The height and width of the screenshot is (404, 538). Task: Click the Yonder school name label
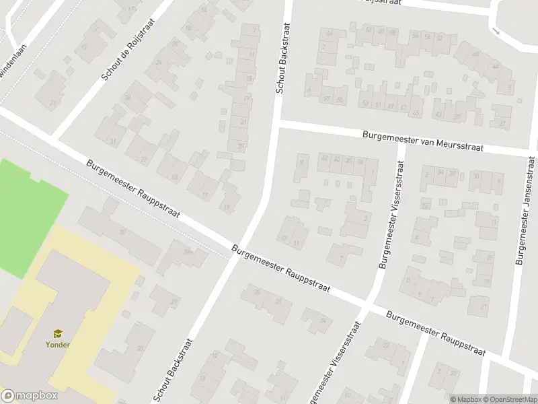pos(58,345)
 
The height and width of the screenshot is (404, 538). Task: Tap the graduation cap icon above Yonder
pos(58,333)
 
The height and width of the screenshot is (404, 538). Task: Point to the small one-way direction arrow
pos(496,30)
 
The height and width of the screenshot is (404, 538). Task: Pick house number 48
pos(475,54)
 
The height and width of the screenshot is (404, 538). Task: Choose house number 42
pos(325,159)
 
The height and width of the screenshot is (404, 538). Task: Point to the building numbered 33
pos(140,348)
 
